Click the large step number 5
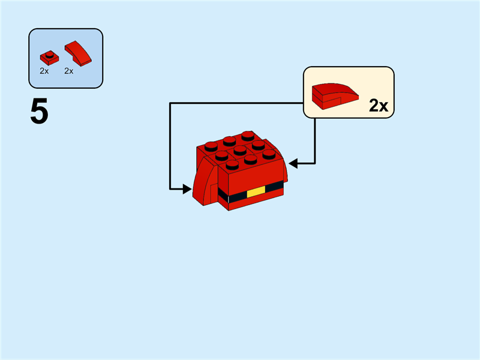pyautogui.click(x=39, y=112)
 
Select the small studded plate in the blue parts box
pyautogui.click(x=49, y=58)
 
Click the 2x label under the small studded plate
pyautogui.click(x=44, y=71)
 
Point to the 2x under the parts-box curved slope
pyautogui.click(x=69, y=71)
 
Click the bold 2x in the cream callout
pyautogui.click(x=379, y=106)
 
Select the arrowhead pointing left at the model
pyautogui.click(x=293, y=163)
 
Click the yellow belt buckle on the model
pyautogui.click(x=256, y=192)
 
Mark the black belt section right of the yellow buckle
pyautogui.click(x=274, y=187)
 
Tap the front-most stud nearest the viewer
pyautogui.click(x=232, y=164)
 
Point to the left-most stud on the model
pyautogui.click(x=209, y=145)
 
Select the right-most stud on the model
pyautogui.click(x=269, y=154)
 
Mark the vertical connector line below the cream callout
pyautogui.click(x=315, y=138)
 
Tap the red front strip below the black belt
pyautogui.click(x=252, y=203)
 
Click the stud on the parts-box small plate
pyautogui.click(x=50, y=55)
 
